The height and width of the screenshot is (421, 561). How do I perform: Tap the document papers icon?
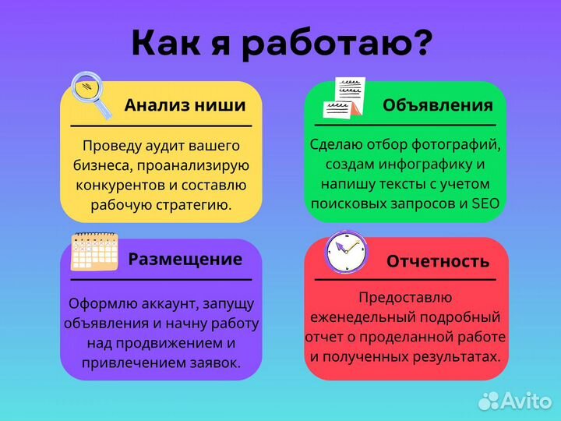pos(344,98)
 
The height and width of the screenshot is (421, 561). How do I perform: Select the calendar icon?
pos(94,252)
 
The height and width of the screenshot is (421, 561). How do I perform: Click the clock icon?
pos(347,253)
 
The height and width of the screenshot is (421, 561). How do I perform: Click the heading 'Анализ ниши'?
pos(185,105)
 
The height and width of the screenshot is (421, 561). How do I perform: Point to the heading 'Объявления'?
pos(437,105)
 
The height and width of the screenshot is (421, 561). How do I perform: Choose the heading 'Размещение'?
pos(185,259)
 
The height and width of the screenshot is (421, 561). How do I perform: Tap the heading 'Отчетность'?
pos(437,261)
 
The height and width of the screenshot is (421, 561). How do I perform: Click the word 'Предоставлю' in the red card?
pos(405,297)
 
